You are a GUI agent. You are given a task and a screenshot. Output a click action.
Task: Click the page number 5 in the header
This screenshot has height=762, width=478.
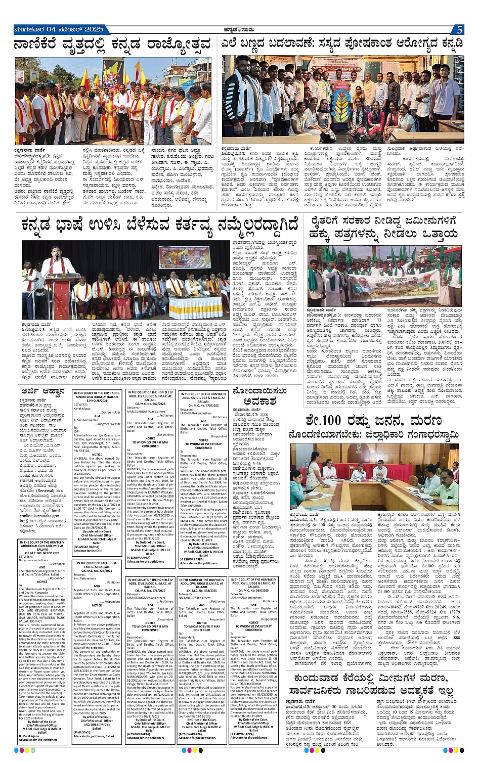[459, 30]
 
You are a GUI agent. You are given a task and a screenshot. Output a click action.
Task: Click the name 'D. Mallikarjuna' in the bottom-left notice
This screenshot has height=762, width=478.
[32, 735]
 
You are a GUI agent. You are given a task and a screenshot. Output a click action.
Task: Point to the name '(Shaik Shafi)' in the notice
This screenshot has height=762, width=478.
[82, 732]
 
